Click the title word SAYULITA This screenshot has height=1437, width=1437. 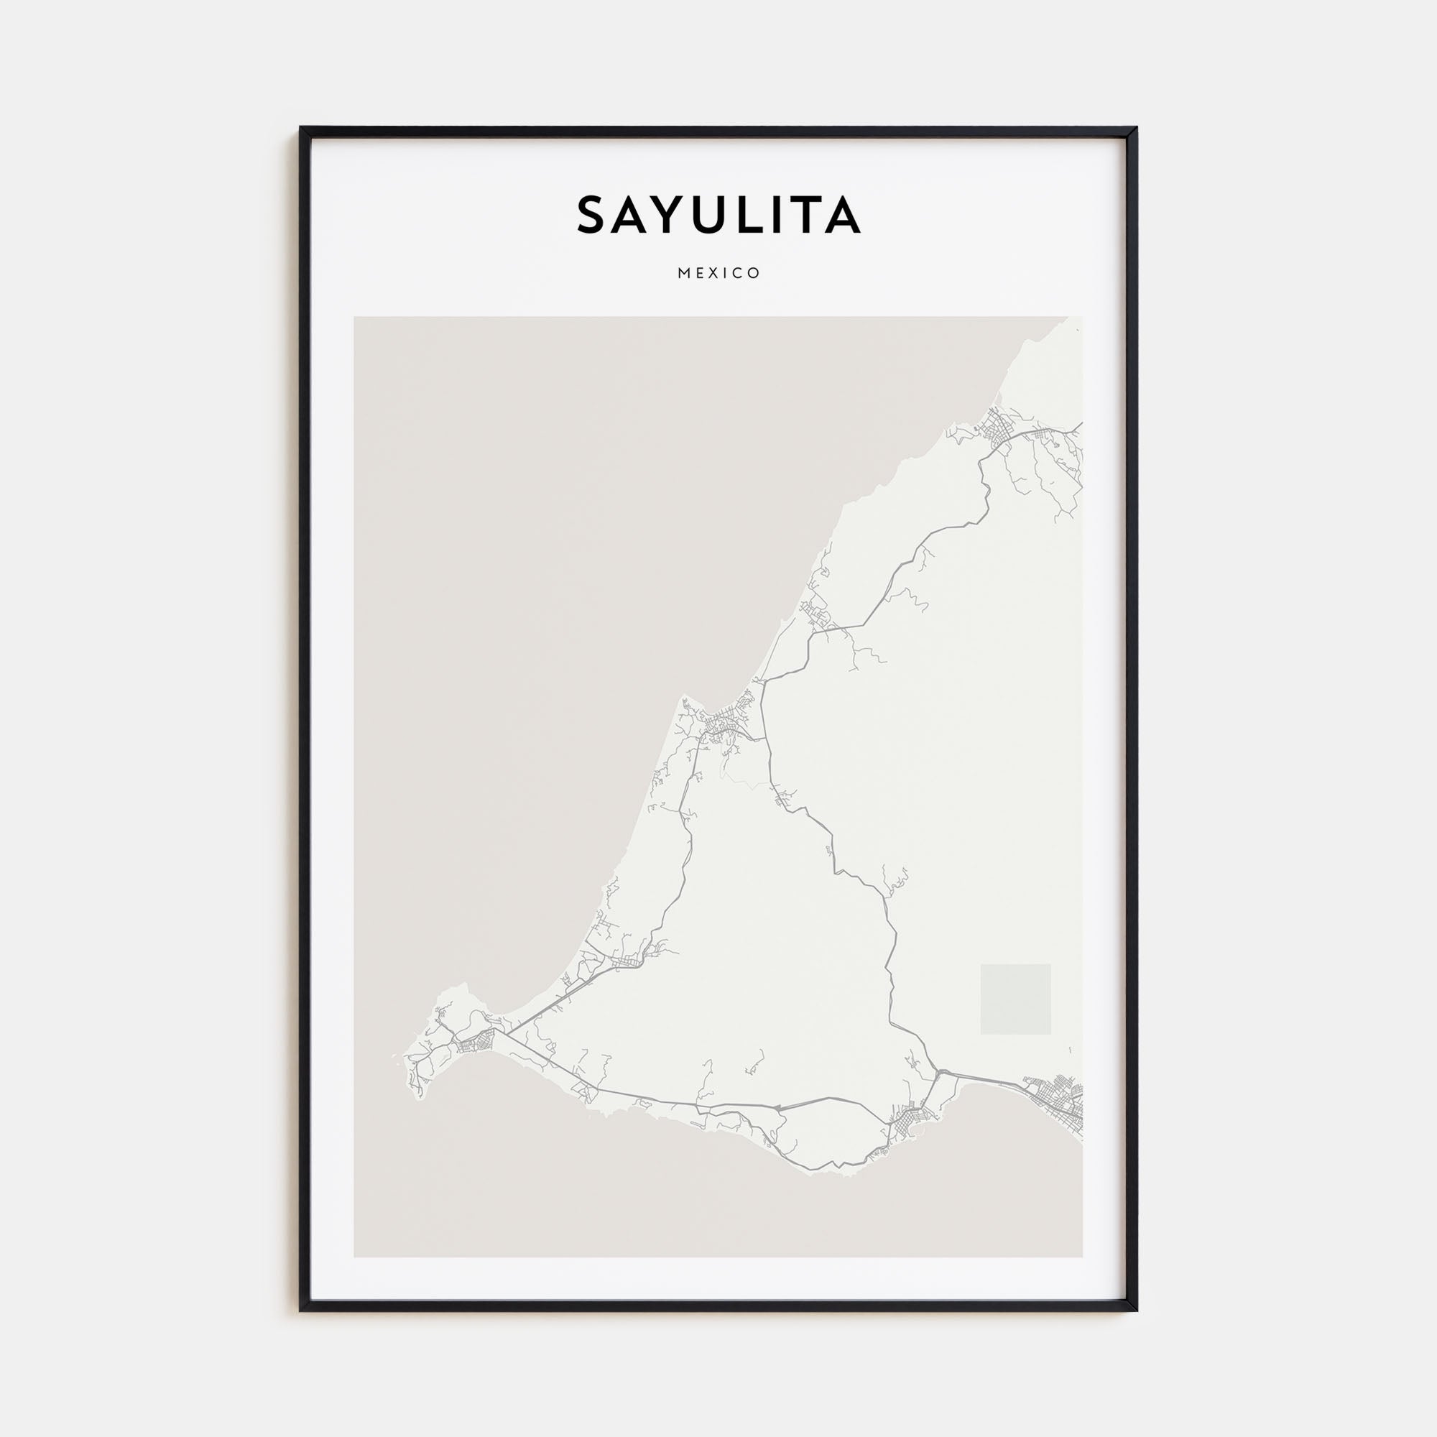click(x=718, y=215)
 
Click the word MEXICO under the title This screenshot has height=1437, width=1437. click(x=718, y=273)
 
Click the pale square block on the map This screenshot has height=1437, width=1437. click(x=1015, y=998)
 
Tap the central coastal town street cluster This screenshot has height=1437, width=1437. click(x=718, y=725)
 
